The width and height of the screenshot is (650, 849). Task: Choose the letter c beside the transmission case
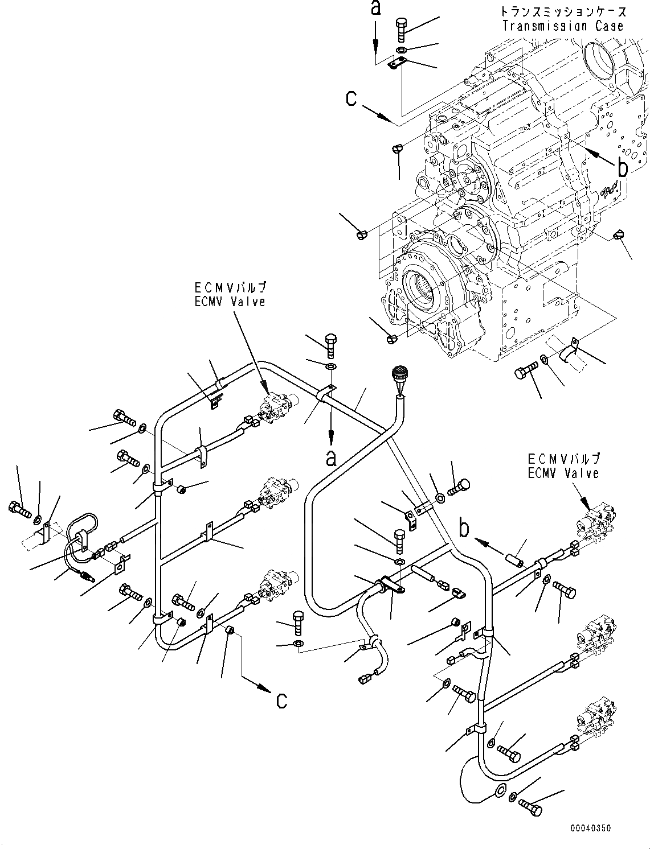pos(351,98)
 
